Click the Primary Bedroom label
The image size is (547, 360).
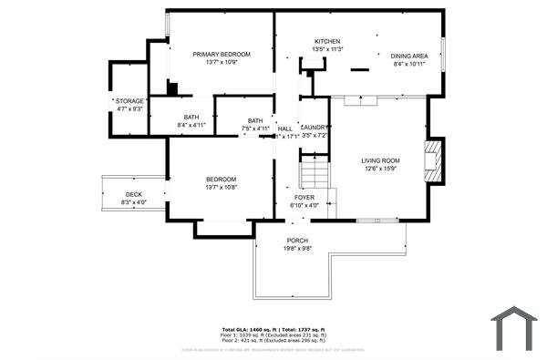pos(221,54)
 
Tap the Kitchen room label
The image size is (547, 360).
pos(327,42)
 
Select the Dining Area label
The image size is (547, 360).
pos(409,55)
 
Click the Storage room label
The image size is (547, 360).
pos(130,100)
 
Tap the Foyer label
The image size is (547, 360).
pos(304,197)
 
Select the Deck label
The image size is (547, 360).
pos(133,193)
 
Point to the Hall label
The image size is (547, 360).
pos(284,129)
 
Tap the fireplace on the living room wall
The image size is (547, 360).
pos(436,159)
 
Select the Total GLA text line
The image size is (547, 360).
pos(273,329)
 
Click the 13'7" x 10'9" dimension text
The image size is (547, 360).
pos(221,63)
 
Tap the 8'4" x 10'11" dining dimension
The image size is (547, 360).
pos(409,64)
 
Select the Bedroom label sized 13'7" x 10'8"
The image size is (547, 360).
pos(221,179)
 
